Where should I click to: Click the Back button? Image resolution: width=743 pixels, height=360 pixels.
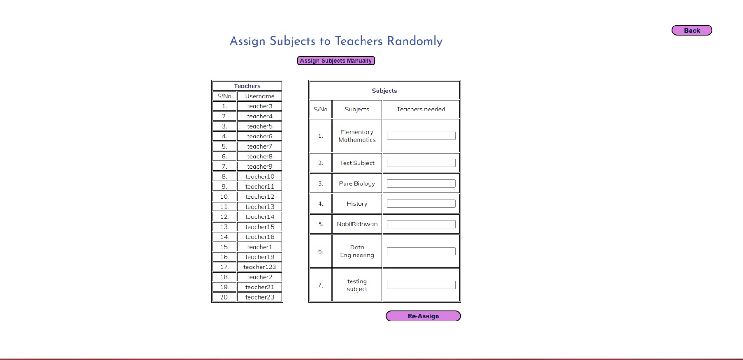pyautogui.click(x=691, y=31)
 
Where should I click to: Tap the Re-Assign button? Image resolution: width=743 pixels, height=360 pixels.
pyautogui.click(x=423, y=316)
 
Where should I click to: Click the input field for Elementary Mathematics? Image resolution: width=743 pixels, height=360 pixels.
pyautogui.click(x=421, y=136)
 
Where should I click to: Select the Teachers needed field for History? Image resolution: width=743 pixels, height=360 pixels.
pyautogui.click(x=421, y=204)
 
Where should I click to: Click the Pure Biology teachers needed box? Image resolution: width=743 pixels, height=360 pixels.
pyautogui.click(x=421, y=183)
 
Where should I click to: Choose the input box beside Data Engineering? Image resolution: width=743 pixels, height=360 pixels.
pyautogui.click(x=421, y=251)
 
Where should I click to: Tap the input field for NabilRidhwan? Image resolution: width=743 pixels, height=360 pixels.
pyautogui.click(x=421, y=224)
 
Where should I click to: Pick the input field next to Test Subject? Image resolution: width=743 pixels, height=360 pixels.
pyautogui.click(x=421, y=163)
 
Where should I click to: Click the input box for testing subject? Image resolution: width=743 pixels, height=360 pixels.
pyautogui.click(x=421, y=285)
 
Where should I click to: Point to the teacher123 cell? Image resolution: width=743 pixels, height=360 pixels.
pyautogui.click(x=260, y=267)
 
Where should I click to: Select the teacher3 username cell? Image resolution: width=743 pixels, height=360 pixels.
pyautogui.click(x=260, y=106)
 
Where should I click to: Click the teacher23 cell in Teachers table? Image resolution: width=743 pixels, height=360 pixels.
pyautogui.click(x=260, y=297)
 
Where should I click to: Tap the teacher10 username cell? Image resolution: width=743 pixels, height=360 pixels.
pyautogui.click(x=260, y=177)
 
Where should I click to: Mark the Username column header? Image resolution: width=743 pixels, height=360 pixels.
pyautogui.click(x=260, y=96)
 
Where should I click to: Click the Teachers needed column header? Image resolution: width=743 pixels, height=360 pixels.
pyautogui.click(x=421, y=110)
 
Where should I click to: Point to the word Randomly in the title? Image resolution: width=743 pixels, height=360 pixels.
pyautogui.click(x=415, y=41)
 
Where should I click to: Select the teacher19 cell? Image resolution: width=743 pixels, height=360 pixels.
pyautogui.click(x=260, y=257)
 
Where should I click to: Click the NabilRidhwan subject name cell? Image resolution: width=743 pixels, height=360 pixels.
pyautogui.click(x=357, y=224)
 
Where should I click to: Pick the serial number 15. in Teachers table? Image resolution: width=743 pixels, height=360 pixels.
pyautogui.click(x=224, y=247)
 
